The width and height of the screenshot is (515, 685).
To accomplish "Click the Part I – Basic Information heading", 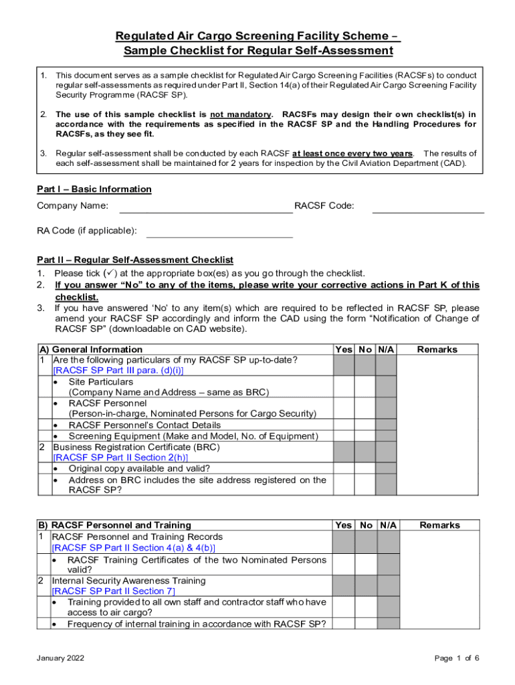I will pyautogui.click(x=94, y=189).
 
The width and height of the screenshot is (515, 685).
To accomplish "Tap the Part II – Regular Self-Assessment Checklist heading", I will pyautogui.click(x=134, y=260).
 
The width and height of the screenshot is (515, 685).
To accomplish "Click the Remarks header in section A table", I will pyautogui.click(x=437, y=349).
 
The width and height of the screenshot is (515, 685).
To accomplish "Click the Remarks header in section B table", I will pyautogui.click(x=439, y=525).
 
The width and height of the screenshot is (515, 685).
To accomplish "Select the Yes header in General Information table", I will pyautogui.click(x=343, y=349).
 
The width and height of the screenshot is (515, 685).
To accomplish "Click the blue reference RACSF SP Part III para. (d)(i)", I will pyautogui.click(x=118, y=370).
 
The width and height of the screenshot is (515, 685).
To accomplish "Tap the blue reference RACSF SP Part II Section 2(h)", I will pyautogui.click(x=116, y=457).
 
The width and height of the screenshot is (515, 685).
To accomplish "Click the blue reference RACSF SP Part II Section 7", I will pyautogui.click(x=114, y=591).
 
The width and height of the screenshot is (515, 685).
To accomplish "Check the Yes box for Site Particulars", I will pyautogui.click(x=343, y=386).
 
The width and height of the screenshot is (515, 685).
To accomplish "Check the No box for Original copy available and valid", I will pyautogui.click(x=365, y=468).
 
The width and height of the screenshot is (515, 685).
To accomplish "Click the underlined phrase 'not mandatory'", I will pyautogui.click(x=241, y=114).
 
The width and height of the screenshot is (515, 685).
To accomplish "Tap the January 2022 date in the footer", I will pyautogui.click(x=61, y=658).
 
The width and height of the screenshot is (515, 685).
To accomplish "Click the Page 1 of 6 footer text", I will pyautogui.click(x=457, y=658).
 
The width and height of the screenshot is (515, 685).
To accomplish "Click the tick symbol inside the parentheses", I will pyautogui.click(x=110, y=273).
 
